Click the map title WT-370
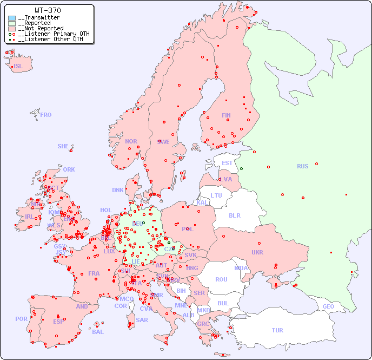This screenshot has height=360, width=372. click(48, 10)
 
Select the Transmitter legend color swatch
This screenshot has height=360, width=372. click(12, 18)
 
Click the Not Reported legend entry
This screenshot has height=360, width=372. click(41, 28)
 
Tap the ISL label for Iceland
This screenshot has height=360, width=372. click(18, 67)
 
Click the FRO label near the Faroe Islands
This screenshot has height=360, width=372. click(45, 115)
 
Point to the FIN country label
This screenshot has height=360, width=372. click(226, 115)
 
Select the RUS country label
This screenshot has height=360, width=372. click(302, 166)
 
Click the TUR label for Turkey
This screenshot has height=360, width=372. click(277, 330)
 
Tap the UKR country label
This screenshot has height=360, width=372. click(257, 252)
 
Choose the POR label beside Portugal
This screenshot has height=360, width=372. click(21, 319)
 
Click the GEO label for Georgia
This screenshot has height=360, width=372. click(328, 306)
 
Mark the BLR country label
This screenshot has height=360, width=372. click(234, 215)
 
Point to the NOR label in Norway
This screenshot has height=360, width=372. click(131, 141)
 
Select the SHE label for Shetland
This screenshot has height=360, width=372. click(63, 146)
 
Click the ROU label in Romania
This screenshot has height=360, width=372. click(221, 279)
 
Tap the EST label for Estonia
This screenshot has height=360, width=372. click(227, 163)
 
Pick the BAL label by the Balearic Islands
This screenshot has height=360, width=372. click(98, 332)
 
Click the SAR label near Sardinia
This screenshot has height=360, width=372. click(142, 320)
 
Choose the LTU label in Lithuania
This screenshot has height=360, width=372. click(216, 195)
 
